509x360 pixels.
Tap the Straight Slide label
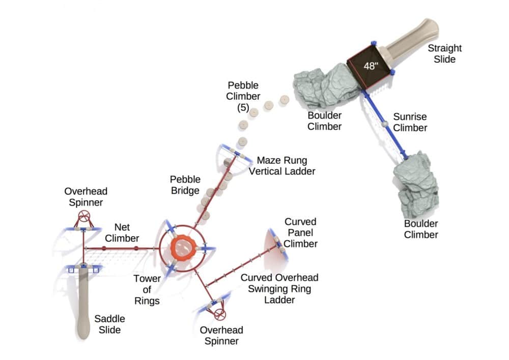[x=444, y=53]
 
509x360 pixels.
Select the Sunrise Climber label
[x=410, y=122]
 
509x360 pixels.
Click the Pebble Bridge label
[x=185, y=185]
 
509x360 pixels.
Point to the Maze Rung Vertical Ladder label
[x=281, y=165]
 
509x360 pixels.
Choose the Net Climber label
[x=126, y=232]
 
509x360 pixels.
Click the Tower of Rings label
[x=147, y=290]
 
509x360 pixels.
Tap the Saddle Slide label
[x=109, y=324]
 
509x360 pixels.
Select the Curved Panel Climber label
[x=300, y=233]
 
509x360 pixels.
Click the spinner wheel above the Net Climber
[x=83, y=218]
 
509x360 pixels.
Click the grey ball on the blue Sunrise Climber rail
[x=384, y=124]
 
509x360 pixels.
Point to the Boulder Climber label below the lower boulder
[x=421, y=229]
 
